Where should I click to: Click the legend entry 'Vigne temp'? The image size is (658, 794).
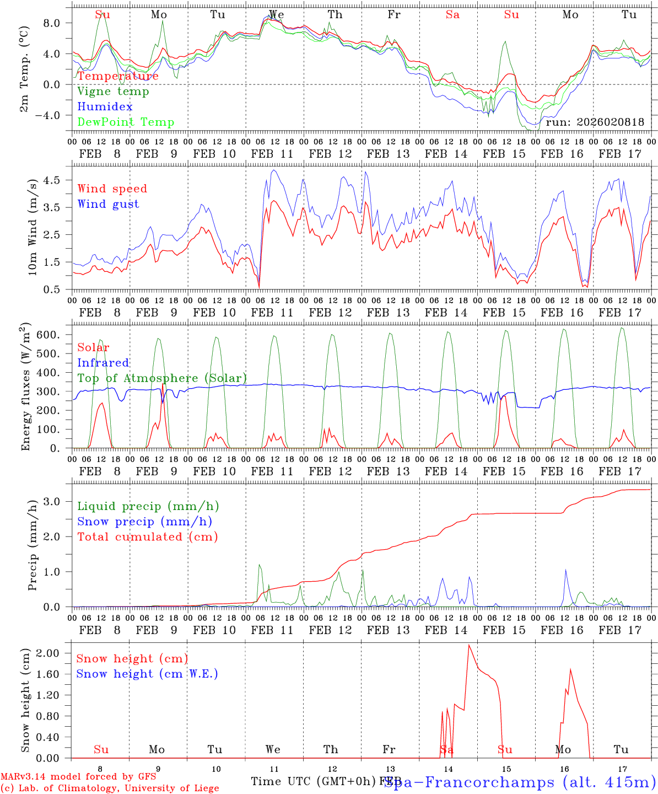point(113,92)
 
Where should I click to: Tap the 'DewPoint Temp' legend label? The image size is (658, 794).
point(126,122)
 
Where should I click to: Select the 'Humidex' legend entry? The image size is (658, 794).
point(105,107)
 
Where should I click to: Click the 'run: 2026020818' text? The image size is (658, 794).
point(595,122)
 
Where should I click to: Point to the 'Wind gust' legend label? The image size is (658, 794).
point(108,204)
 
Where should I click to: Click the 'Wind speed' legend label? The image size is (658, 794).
point(112,189)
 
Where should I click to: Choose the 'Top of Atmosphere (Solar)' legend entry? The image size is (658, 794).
point(162,378)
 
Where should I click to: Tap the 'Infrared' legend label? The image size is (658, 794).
point(103,363)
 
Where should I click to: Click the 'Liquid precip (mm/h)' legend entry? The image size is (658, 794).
point(148,506)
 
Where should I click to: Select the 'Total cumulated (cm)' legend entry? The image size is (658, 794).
point(148,537)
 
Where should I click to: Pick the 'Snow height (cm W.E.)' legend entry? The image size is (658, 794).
point(147,674)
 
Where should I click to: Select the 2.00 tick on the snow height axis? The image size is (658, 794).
point(54,653)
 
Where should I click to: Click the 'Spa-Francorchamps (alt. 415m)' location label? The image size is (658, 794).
point(519,782)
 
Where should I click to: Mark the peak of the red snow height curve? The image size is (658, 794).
point(469,645)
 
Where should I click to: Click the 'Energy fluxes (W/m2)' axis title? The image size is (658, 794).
point(26,388)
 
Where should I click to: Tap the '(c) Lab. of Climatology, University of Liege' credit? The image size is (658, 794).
point(110,788)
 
